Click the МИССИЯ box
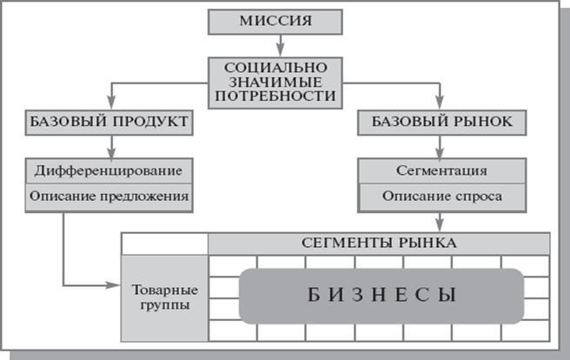pyautogui.click(x=274, y=21)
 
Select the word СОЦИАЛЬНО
pyautogui.click(x=274, y=66)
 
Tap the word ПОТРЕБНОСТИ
pyautogui.click(x=274, y=97)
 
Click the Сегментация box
pyautogui.click(x=441, y=170)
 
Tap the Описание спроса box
pyautogui.click(x=441, y=197)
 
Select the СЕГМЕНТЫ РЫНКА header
pyautogui.click(x=378, y=243)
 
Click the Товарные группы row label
pyautogui.click(x=164, y=297)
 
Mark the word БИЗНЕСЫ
pyautogui.click(x=381, y=296)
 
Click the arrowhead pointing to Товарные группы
pyautogui.click(x=116, y=285)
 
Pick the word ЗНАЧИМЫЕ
pyautogui.click(x=274, y=82)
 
